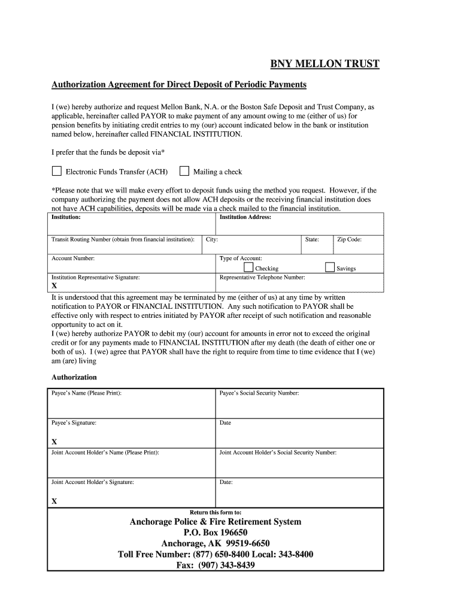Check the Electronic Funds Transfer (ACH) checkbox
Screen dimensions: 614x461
tap(56, 171)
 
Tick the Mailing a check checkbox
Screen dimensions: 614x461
tap(184, 171)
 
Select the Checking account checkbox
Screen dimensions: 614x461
tap(248, 267)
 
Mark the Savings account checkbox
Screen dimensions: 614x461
tap(329, 267)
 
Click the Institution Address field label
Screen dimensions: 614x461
tap(245, 217)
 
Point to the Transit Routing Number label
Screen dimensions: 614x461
tap(123, 239)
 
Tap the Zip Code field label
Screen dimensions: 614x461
tap(350, 239)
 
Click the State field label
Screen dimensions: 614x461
tap(311, 239)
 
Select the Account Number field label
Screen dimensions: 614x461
tap(73, 258)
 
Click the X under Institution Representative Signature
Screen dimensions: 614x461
tap(54, 286)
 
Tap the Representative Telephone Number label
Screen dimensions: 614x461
tap(262, 278)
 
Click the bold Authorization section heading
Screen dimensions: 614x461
tap(74, 377)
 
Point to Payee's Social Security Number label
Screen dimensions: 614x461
tap(259, 393)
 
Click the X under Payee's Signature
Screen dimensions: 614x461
tap(54, 442)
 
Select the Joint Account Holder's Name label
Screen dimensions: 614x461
tap(105, 453)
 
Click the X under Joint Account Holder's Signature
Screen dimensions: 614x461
tap(54, 501)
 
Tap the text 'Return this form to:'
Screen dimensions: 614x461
tap(216, 512)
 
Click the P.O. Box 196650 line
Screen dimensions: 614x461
tap(216, 533)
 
